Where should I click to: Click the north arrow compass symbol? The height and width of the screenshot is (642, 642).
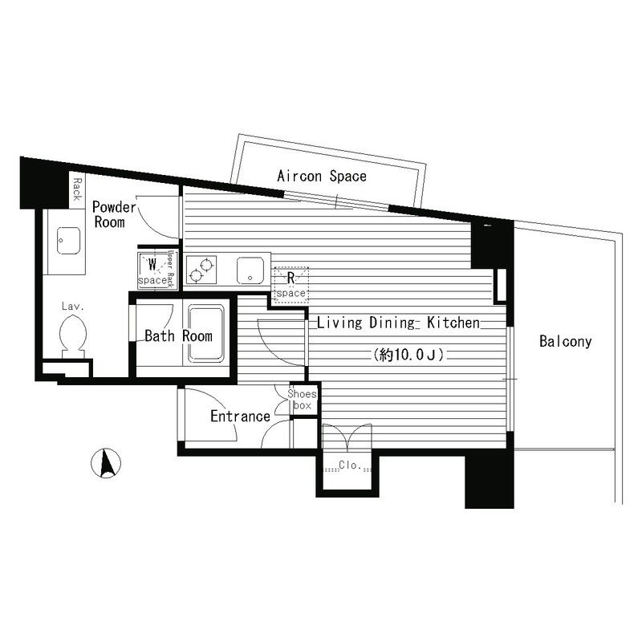click(107, 465)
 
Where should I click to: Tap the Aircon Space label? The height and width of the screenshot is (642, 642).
click(321, 176)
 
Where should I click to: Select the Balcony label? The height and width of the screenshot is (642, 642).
click(565, 342)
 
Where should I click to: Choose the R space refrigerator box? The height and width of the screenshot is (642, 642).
click(290, 285)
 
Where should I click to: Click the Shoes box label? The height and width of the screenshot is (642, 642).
click(303, 400)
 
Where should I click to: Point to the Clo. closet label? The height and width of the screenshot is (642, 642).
click(348, 465)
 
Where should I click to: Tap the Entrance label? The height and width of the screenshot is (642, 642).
click(240, 416)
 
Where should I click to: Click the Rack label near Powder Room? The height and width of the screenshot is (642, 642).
click(76, 190)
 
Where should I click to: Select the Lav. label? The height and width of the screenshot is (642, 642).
click(74, 307)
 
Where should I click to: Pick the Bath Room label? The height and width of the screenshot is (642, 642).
click(178, 336)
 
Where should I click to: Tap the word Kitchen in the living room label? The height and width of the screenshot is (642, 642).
click(453, 323)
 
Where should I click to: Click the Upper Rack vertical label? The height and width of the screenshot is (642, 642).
click(170, 268)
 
